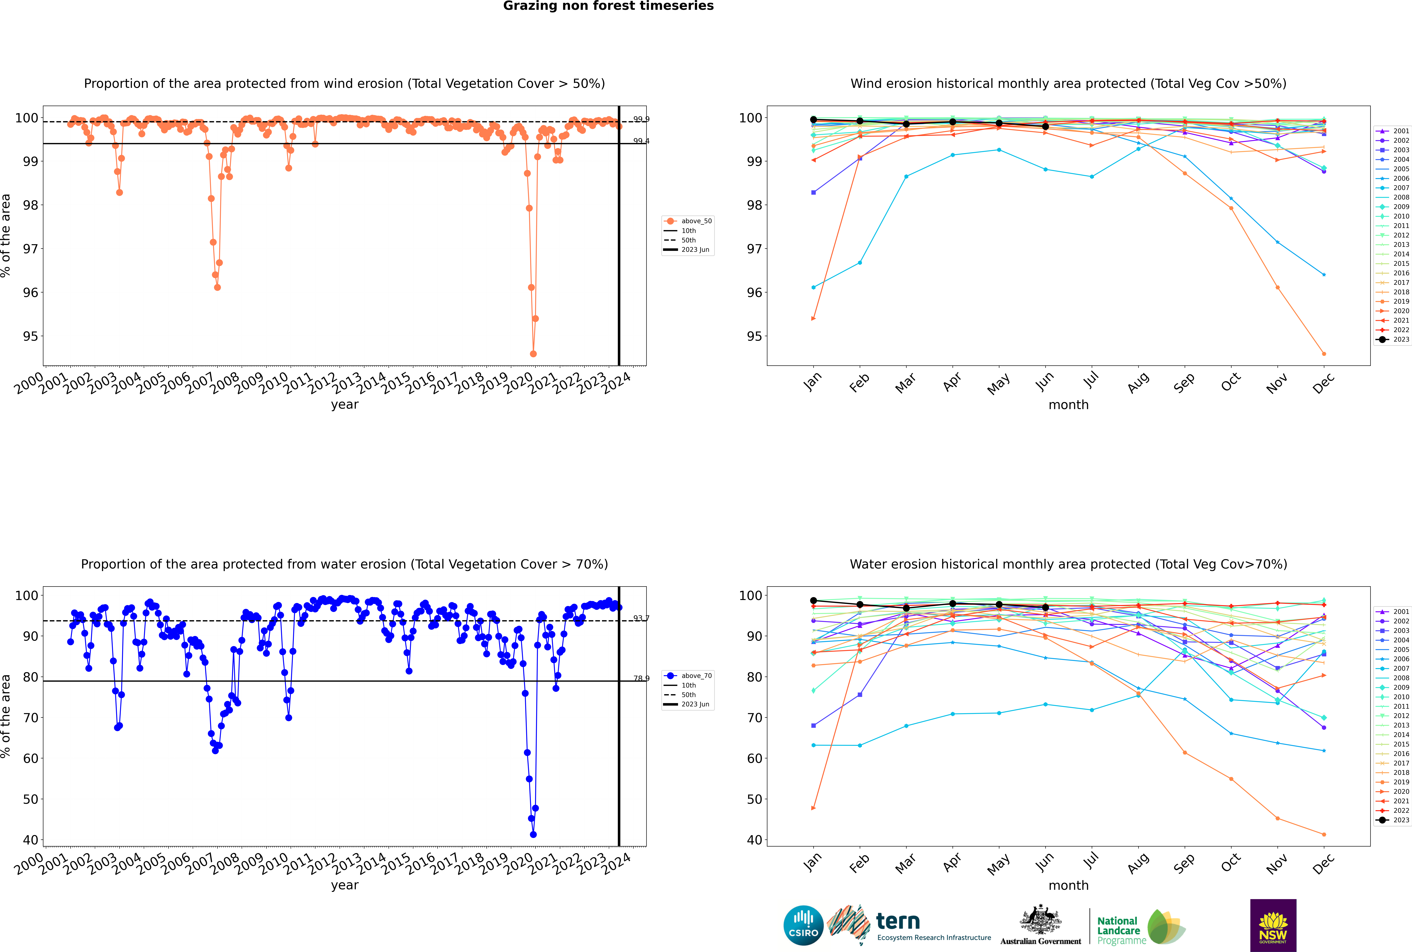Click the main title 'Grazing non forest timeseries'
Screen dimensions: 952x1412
point(608,6)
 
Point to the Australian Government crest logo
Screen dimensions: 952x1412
point(1041,925)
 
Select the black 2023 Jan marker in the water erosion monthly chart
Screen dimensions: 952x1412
point(813,600)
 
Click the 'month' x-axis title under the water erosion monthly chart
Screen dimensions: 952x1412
point(1068,885)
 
